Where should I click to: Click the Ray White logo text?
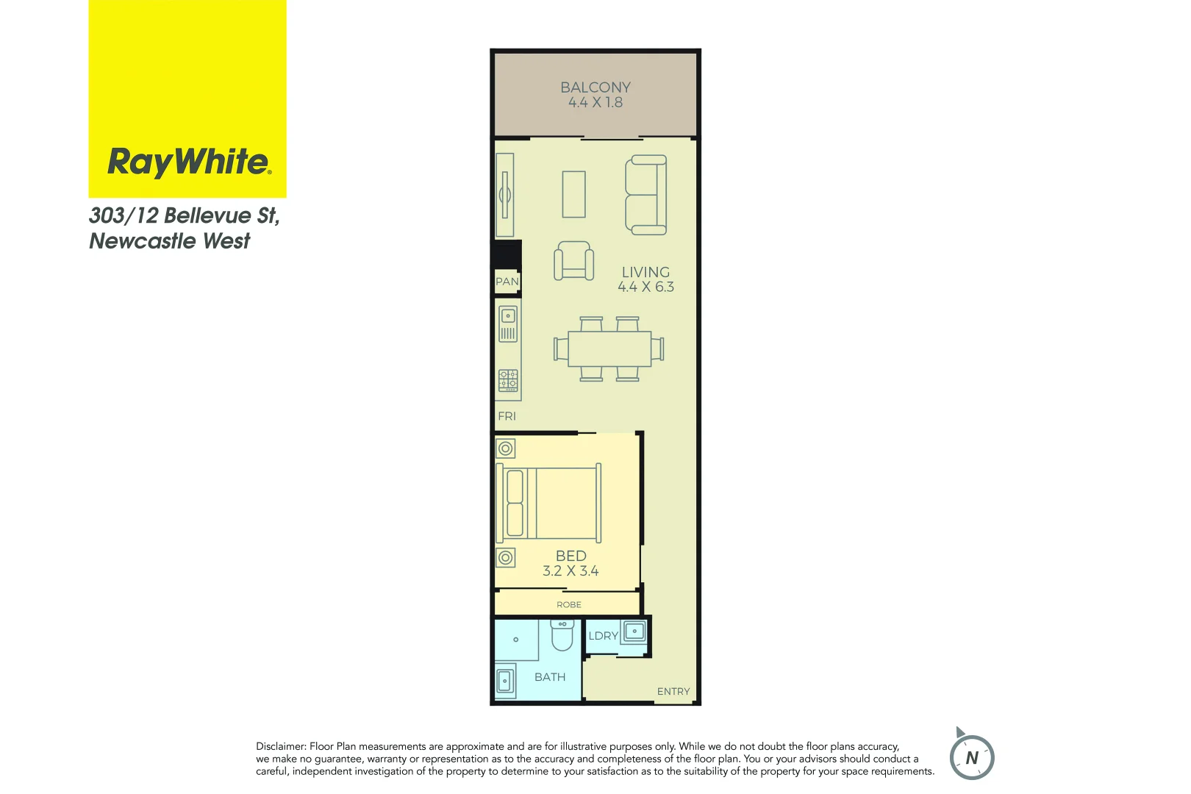click(189, 162)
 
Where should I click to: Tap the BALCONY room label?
click(595, 87)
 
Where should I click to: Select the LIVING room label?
click(645, 272)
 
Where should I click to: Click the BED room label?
click(571, 556)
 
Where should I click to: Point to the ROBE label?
click(569, 605)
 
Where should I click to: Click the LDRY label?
click(603, 636)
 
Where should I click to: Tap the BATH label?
click(550, 677)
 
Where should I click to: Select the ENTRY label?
click(673, 692)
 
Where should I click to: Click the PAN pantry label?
click(507, 282)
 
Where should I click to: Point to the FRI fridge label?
click(507, 416)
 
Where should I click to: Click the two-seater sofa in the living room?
click(646, 195)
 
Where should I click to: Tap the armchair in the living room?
click(573, 261)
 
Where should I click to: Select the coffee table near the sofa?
click(574, 194)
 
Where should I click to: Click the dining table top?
click(609, 349)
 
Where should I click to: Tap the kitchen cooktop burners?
click(508, 380)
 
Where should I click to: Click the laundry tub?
click(634, 631)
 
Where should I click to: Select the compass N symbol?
click(972, 758)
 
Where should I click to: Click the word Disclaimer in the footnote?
click(281, 746)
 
